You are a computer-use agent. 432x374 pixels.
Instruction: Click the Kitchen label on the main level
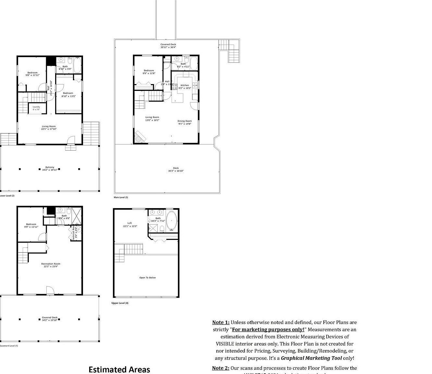[x=185, y=87]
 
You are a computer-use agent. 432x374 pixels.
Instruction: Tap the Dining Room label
[x=185, y=122]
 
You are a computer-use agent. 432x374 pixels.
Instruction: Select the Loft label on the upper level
[x=130, y=225]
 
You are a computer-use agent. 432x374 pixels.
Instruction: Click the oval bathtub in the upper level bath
[x=172, y=221]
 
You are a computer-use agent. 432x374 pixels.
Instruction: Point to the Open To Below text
[x=148, y=278]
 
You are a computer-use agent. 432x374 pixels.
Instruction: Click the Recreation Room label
[x=51, y=265]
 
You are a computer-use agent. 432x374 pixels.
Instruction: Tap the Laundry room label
[x=36, y=108]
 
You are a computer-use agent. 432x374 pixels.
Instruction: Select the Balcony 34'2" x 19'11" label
[x=50, y=168]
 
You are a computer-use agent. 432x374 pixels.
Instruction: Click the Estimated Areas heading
[x=119, y=369]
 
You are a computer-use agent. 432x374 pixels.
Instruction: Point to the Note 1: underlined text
[x=221, y=322]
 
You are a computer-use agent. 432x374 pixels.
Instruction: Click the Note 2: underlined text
[x=221, y=368]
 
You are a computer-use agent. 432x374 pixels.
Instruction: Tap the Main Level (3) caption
[x=121, y=197]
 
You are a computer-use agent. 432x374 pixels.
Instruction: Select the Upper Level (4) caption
[x=120, y=303]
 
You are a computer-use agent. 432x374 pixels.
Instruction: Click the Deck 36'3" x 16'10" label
[x=176, y=169]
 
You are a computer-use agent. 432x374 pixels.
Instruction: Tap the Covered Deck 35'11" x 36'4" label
[x=168, y=46]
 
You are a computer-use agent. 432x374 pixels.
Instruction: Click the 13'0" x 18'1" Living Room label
[x=152, y=119]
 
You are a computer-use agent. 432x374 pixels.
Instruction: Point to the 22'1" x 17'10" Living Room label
[x=49, y=128]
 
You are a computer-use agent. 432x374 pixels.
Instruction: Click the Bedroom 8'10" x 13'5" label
[x=68, y=94]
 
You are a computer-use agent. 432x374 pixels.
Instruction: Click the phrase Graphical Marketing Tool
[x=311, y=358]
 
